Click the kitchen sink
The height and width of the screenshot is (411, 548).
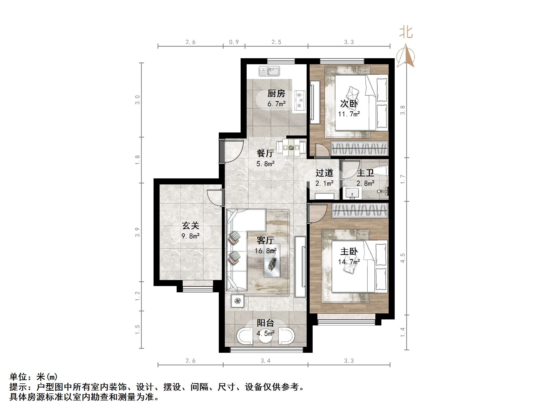pos(269,71)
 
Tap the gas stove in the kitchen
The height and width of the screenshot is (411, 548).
pos(300,101)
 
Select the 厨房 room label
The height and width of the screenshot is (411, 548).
pos(276,93)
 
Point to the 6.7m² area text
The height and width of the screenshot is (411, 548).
pos(276,104)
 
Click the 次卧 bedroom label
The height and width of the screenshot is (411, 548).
pos(349,103)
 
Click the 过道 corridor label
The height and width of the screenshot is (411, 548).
pos(324,173)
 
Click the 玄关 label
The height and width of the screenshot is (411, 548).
pos(190,226)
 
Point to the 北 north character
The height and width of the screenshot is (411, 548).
pos(406,32)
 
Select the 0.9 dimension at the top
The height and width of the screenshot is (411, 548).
pos(234,42)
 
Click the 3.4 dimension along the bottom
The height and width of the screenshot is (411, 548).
pos(265,361)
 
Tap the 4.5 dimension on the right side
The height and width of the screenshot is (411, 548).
pos(402,258)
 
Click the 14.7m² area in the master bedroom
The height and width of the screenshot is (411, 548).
pos(349,262)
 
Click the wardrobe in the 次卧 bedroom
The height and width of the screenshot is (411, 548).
pos(359,148)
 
